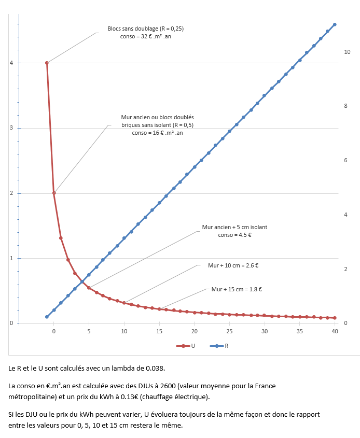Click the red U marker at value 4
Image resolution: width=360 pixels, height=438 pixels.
coord(47,63)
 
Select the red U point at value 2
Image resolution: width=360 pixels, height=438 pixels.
coord(54,193)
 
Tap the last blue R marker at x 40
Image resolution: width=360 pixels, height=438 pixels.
coord(335,24)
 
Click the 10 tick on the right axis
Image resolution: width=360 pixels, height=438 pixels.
coord(347,52)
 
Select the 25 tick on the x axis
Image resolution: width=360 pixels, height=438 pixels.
coord(229,331)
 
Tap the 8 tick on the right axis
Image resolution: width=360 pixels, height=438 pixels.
coord(345,106)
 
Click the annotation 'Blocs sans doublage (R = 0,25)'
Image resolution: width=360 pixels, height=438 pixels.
coord(145,29)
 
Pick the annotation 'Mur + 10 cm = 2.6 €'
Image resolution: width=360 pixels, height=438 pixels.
coord(233,265)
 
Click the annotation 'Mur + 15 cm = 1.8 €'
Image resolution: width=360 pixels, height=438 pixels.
coord(237,289)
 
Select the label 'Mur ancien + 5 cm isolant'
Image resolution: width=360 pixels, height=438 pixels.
coord(234,227)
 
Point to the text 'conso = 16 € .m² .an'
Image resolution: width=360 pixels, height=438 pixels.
coord(157,133)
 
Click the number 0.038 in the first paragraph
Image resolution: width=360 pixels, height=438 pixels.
coord(155,369)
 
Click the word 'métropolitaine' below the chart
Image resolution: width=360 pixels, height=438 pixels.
coord(31,397)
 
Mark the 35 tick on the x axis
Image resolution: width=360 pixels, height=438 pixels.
coord(300,331)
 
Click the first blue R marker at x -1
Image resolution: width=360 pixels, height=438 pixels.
coord(47,317)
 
